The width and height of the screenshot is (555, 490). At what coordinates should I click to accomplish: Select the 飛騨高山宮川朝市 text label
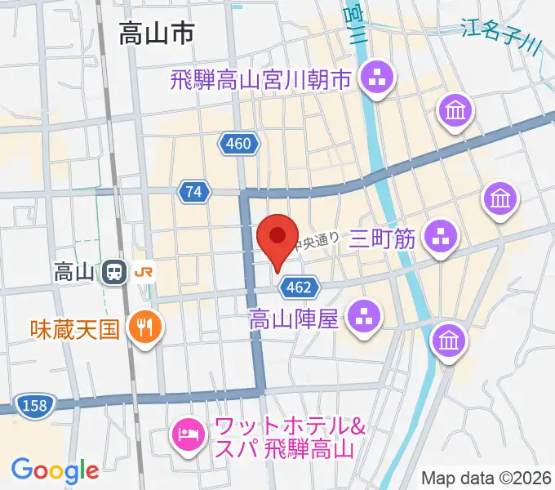260,80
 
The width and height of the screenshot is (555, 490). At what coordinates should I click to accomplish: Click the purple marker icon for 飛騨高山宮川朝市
377,81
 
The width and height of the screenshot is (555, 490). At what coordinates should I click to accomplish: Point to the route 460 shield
239,145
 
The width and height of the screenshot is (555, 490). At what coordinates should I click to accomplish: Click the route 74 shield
193,191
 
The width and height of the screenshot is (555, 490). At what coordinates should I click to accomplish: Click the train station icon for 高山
114,272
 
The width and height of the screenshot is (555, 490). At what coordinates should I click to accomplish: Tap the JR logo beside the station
144,272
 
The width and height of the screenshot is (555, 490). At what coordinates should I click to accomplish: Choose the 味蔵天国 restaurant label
75,329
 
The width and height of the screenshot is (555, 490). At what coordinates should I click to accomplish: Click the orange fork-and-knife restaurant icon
147,329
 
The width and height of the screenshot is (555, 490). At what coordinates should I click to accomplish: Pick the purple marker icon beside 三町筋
441,238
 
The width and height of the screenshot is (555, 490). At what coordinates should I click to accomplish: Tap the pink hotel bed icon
189,433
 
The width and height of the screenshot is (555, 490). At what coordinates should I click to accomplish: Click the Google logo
55,470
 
